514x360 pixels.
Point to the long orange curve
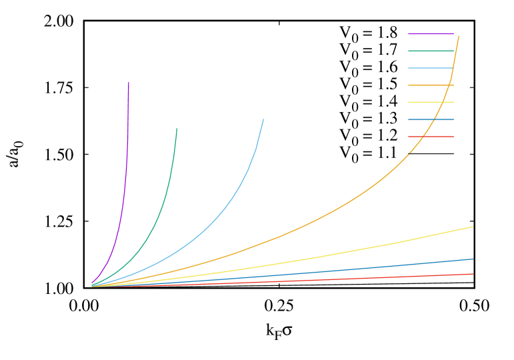point(333,212)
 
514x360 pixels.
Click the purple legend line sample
point(431,33)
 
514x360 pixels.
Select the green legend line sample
point(431,51)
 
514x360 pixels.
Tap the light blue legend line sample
point(431,68)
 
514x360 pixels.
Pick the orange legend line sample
point(431,85)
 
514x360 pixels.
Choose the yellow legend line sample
point(431,102)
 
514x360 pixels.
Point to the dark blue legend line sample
point(431,119)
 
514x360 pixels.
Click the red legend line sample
point(431,137)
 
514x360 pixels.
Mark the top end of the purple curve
point(129,83)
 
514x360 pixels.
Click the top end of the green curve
point(177,129)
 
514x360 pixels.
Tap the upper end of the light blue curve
point(263,119)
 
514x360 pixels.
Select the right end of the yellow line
point(473,227)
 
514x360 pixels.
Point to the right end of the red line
point(473,274)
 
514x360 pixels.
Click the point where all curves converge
point(92,286)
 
